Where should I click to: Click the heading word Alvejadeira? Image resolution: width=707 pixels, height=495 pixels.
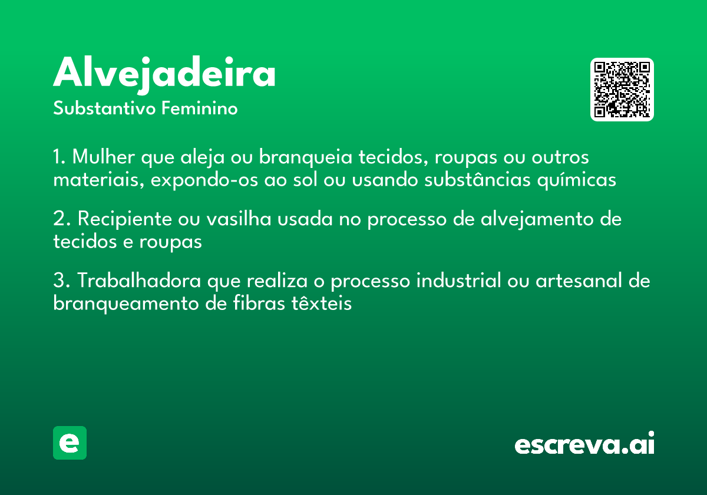coord(164,74)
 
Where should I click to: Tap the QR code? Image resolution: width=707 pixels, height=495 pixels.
coord(622,90)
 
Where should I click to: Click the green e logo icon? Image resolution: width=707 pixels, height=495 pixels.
coord(70,443)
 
